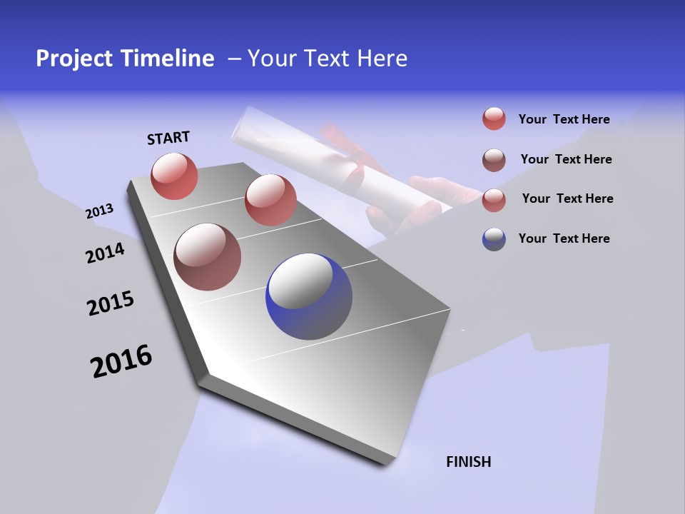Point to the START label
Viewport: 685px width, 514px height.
tap(168, 138)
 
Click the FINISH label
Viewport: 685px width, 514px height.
tap(468, 462)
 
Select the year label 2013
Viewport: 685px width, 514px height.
tap(99, 211)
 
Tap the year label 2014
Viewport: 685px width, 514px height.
tap(105, 253)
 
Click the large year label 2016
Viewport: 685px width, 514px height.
tap(121, 361)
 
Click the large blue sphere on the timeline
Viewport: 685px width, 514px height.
tap(309, 296)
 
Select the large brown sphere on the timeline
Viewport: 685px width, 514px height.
tap(207, 257)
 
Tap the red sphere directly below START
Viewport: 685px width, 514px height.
tap(174, 176)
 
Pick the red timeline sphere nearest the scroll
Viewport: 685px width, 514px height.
tap(270, 200)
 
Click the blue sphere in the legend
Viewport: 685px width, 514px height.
tap(494, 239)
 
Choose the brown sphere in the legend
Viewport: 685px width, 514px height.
tap(494, 160)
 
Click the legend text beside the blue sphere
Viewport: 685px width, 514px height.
tap(564, 238)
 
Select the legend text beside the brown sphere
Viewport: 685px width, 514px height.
tap(566, 159)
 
